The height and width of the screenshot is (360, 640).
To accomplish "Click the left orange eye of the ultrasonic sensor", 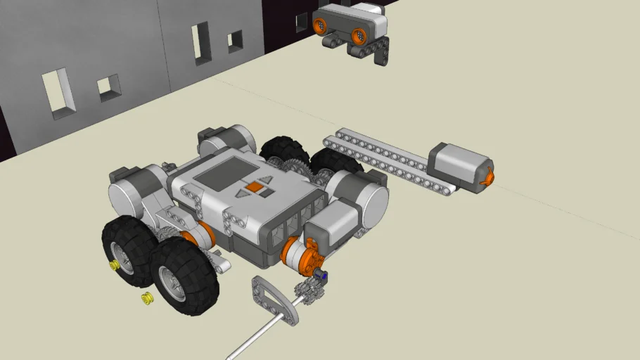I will tap(323, 25).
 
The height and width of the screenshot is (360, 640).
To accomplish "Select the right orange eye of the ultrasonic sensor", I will tap(359, 33).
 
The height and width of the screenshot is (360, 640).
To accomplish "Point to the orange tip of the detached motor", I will tap(485, 179).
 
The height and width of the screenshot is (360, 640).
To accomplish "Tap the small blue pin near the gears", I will tap(324, 276).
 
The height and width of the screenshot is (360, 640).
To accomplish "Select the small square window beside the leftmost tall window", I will tap(108, 86).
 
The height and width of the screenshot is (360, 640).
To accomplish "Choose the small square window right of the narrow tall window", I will tap(236, 41).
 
